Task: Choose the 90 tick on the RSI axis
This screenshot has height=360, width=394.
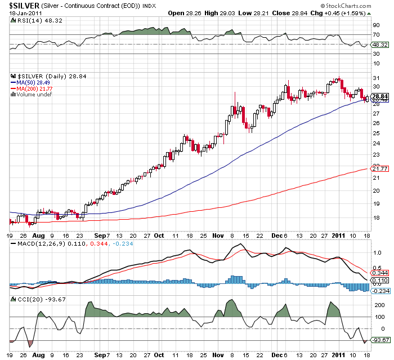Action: coord(375,25)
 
